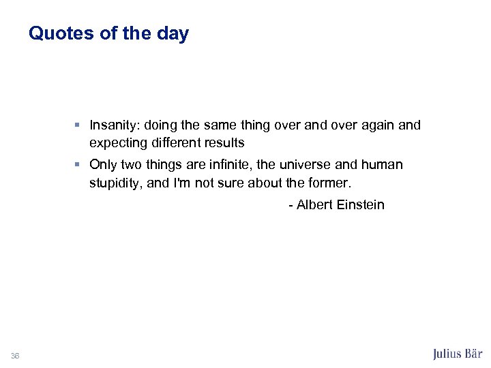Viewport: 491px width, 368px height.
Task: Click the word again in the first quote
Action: click(374, 125)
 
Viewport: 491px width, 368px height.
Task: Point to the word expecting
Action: click(119, 144)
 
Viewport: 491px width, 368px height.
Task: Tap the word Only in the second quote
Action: click(104, 165)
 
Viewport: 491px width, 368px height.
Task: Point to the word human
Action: click(383, 165)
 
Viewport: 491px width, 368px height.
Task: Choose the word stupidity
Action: click(115, 183)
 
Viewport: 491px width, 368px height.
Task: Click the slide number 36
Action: click(15, 355)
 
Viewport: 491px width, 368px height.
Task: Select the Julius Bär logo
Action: click(458, 354)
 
